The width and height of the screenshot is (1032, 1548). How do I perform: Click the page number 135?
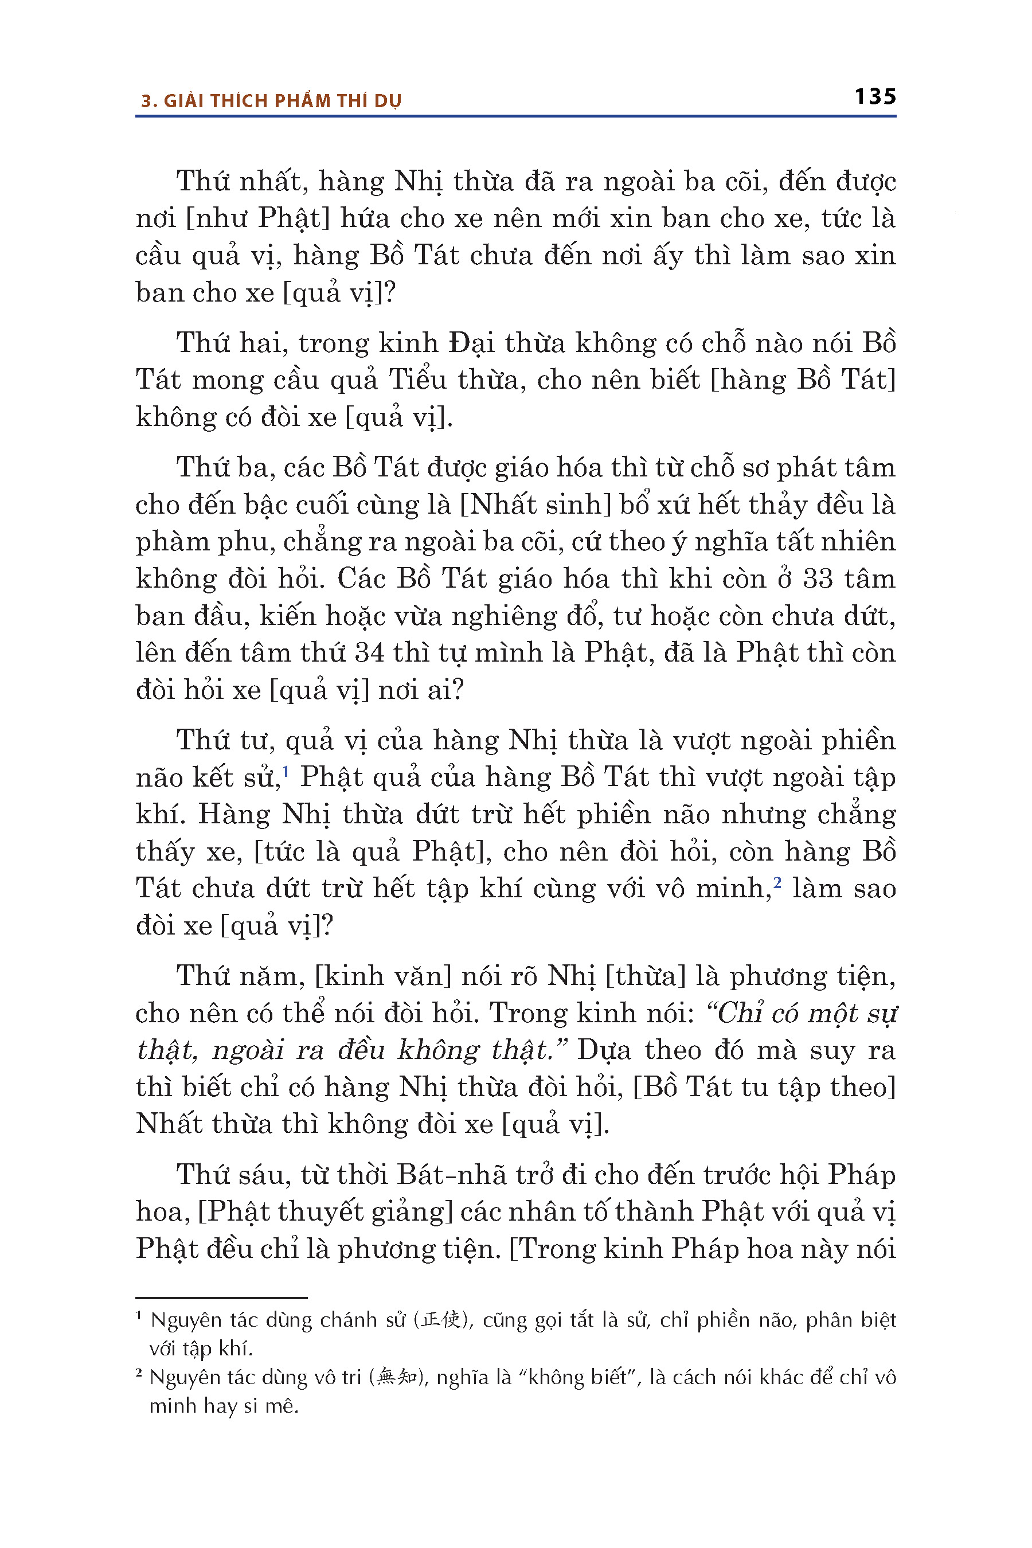(875, 97)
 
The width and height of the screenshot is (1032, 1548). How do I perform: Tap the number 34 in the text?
(369, 653)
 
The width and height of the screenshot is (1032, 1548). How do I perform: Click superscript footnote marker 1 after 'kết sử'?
(286, 771)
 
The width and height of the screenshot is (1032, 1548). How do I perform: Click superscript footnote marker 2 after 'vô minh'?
(777, 882)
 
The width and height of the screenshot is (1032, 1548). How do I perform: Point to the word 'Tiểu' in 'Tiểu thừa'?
(417, 381)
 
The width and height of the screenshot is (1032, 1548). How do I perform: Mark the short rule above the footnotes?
(221, 1298)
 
